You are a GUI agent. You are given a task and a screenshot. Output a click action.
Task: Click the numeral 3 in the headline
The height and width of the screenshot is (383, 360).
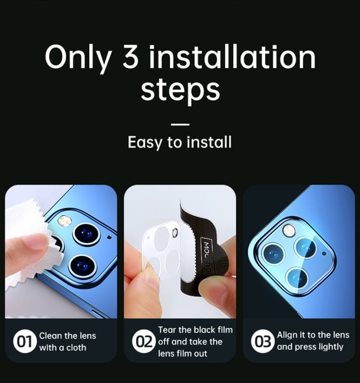[x=131, y=57]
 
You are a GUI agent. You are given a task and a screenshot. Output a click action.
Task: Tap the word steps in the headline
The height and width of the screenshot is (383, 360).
[x=180, y=90]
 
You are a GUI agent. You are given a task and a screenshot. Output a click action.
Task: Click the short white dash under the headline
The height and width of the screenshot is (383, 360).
[x=180, y=124]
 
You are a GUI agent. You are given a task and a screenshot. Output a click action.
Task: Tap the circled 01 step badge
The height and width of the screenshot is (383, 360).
[x=24, y=341]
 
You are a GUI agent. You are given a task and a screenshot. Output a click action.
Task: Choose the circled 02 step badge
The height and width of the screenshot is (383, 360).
[x=144, y=341]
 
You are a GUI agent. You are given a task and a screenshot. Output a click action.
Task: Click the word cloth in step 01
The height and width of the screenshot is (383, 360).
[x=76, y=347]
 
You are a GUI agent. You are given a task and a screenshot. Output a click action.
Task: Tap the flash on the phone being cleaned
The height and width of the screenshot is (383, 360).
[x=65, y=220]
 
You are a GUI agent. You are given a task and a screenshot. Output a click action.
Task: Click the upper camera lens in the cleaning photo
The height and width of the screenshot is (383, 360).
[x=86, y=235]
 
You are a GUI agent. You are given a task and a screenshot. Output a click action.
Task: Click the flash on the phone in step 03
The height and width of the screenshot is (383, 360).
[x=289, y=231]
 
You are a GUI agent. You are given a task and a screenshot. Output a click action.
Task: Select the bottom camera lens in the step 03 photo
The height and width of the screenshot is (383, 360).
[x=298, y=279]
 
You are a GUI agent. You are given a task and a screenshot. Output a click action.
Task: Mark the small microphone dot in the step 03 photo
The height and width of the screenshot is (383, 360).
[x=324, y=254]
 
